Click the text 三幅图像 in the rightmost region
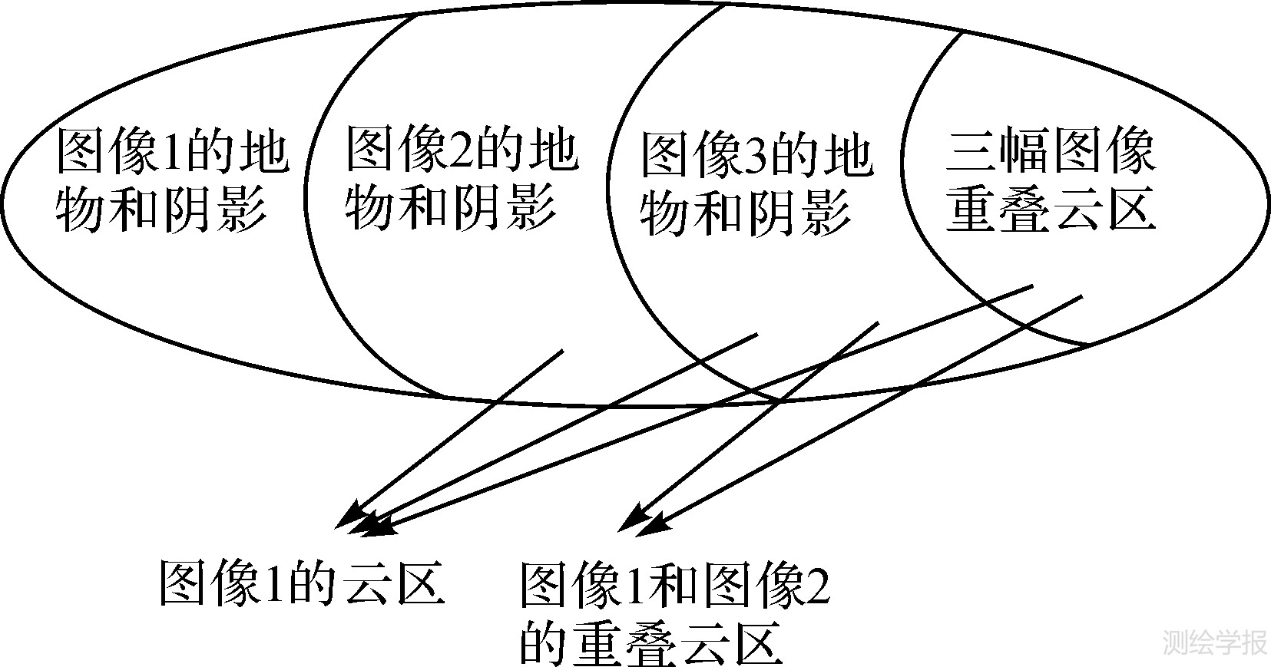[1050, 151]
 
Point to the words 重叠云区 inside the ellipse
[1050, 208]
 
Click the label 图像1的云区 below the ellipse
[301, 583]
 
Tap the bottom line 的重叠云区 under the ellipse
[651, 643]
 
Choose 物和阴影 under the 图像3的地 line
[745, 211]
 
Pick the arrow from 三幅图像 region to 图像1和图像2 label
[868, 411]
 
